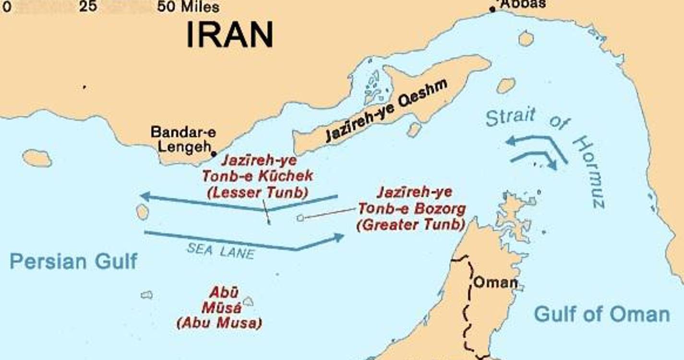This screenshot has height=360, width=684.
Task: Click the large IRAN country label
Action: (x=229, y=35)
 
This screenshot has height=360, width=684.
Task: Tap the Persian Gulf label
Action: (x=73, y=262)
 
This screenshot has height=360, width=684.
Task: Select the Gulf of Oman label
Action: (x=602, y=314)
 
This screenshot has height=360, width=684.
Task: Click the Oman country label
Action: (x=495, y=282)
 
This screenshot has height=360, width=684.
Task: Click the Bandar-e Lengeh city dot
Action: (x=214, y=154)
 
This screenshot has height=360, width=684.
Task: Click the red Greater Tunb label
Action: (x=412, y=209)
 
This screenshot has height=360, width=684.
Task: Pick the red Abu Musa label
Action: (x=219, y=308)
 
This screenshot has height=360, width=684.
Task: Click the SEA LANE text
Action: (x=220, y=250)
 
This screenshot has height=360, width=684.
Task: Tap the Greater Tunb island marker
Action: (x=300, y=218)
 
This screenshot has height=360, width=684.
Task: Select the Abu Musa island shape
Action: (x=248, y=301)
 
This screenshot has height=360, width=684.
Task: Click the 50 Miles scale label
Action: (x=188, y=7)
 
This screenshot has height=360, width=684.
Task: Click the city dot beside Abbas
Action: (x=492, y=9)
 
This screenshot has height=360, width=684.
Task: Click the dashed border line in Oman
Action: (x=466, y=312)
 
